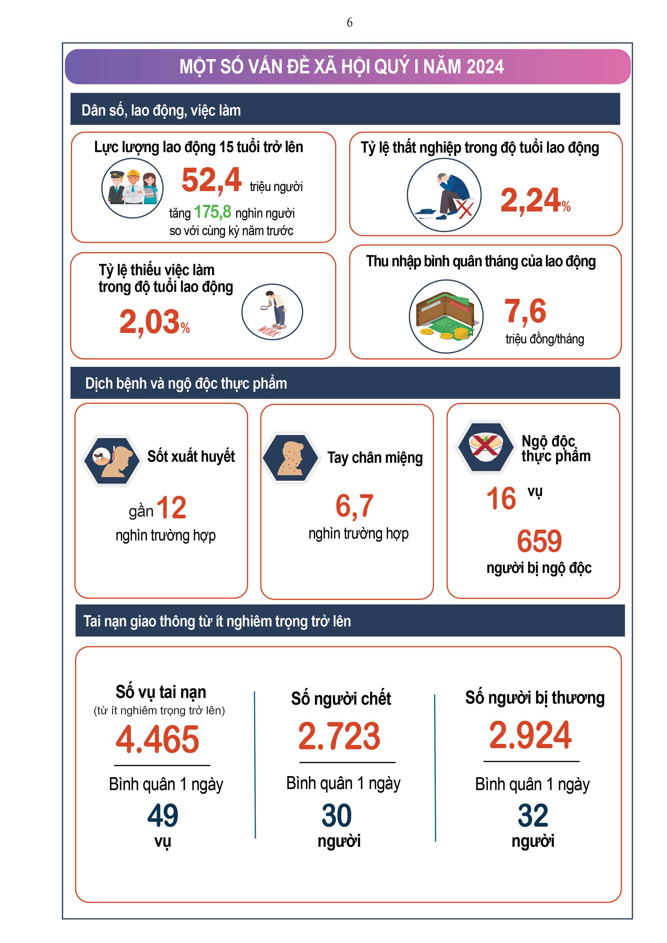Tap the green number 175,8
coord(212,212)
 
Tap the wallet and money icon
coord(446,316)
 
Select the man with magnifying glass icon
coord(272,312)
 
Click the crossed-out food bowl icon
coord(485,446)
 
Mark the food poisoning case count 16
coord(501,499)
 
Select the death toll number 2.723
coord(339,736)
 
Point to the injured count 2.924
coord(530,735)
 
